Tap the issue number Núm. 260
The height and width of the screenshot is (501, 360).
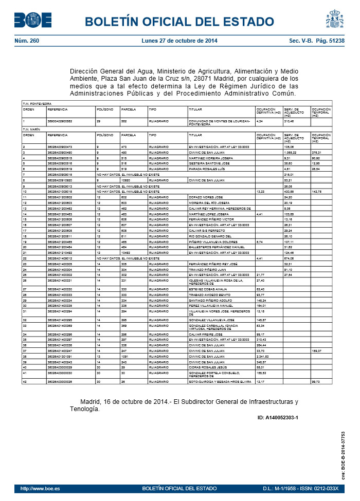click(27, 41)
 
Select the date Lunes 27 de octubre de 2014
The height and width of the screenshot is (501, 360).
click(179, 41)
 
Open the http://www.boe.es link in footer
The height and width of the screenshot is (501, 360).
click(40, 488)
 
